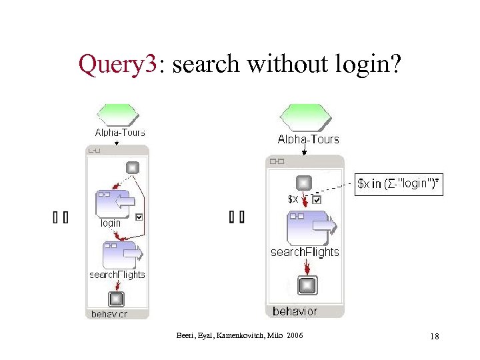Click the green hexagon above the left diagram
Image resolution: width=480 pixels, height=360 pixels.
(117, 115)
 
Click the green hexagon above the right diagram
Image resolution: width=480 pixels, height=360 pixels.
(304, 118)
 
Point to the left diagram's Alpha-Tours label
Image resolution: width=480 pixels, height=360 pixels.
(120, 133)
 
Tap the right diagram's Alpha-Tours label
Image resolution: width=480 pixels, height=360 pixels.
(308, 139)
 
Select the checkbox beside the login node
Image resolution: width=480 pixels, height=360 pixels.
(139, 217)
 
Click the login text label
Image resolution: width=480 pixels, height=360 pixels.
(111, 223)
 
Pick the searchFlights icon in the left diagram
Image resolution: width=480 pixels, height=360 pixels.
(122, 254)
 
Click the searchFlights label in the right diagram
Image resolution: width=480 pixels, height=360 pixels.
(305, 252)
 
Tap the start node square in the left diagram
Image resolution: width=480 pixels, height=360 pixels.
(132, 167)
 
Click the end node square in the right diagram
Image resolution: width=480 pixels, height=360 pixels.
(307, 285)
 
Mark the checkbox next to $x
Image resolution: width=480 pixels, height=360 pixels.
(317, 199)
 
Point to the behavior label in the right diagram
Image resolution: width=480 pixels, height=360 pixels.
(295, 311)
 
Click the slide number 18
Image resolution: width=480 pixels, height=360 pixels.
(434, 337)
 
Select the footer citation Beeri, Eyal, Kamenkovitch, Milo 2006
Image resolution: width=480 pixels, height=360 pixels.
(239, 335)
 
